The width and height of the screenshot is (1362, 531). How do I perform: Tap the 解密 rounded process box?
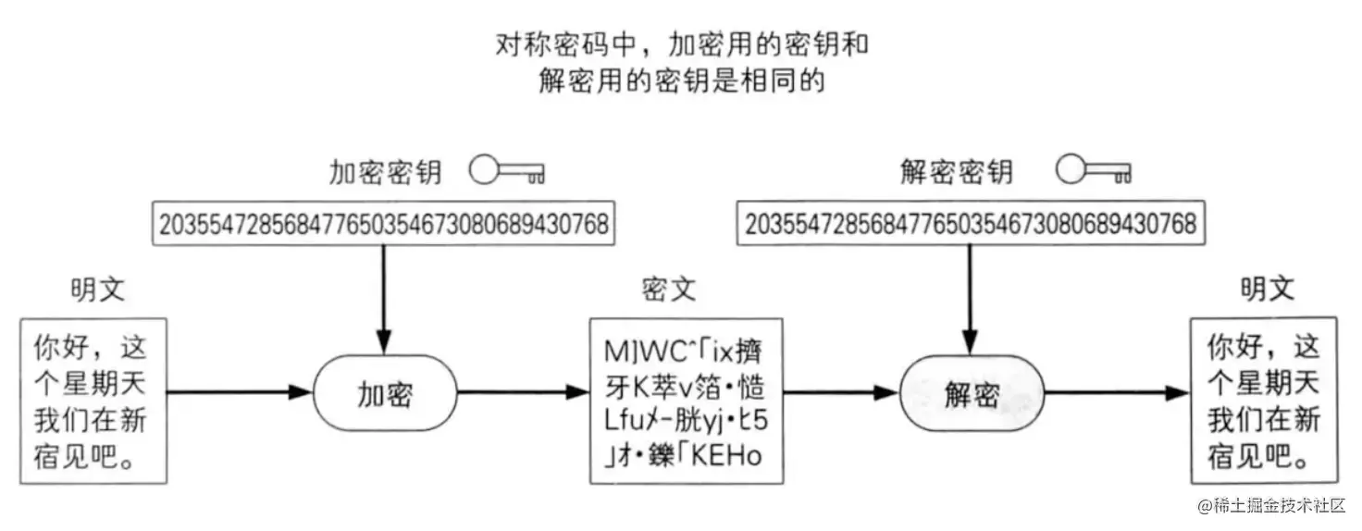[x=972, y=394]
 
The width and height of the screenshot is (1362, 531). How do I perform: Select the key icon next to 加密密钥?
[x=507, y=171]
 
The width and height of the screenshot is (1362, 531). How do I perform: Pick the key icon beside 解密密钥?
[x=1094, y=171]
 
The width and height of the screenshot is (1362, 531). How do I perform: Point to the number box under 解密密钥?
[x=971, y=224]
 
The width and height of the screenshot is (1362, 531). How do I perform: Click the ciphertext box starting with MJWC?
[x=686, y=401]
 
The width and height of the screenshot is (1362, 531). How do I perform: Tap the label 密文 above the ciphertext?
[x=668, y=290]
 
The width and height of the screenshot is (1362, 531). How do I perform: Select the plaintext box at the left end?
[x=92, y=401]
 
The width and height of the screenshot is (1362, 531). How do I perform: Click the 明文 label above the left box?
[x=97, y=290]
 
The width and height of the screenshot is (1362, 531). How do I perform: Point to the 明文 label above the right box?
[x=1268, y=290]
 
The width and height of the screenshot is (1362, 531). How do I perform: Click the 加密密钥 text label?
[x=386, y=172]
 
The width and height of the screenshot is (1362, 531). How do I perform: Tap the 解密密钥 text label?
[x=957, y=172]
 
